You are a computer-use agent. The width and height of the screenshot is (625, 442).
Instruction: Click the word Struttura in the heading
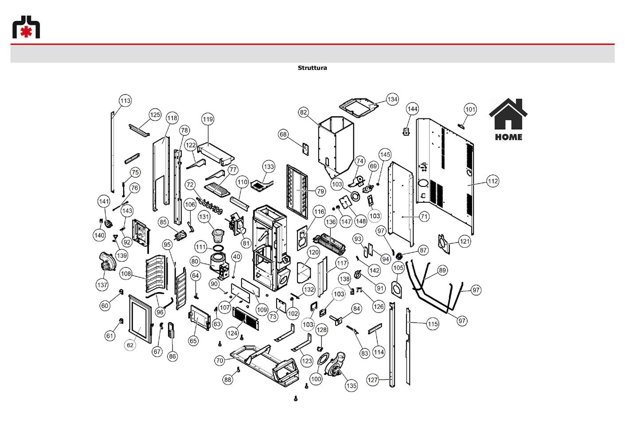312,68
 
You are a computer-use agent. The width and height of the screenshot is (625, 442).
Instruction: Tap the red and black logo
26,27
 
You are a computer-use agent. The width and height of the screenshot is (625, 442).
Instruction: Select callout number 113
125,101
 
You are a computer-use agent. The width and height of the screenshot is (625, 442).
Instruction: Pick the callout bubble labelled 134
392,99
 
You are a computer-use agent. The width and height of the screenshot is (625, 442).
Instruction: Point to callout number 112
493,181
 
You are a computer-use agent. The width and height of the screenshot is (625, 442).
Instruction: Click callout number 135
351,386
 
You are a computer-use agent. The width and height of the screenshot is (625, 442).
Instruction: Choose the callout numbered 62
130,345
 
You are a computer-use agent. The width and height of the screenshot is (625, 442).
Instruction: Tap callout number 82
303,112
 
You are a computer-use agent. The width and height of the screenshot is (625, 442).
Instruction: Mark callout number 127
372,380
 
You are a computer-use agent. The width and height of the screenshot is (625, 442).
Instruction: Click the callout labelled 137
102,285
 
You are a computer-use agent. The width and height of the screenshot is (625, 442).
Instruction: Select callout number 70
220,360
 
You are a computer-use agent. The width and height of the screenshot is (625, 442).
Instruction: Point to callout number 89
442,270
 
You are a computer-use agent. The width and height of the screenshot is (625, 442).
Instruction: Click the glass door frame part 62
141,319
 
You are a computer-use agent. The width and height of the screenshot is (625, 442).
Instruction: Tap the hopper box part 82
336,147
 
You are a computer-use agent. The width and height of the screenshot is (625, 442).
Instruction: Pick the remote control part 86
171,331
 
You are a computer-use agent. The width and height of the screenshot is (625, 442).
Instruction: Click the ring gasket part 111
219,248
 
